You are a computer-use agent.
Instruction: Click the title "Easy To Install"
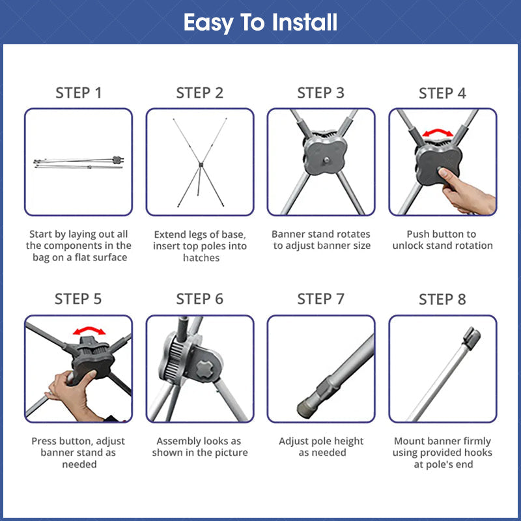pyautogui.click(x=260, y=23)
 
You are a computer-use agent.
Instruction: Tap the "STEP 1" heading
pyautogui.click(x=78, y=93)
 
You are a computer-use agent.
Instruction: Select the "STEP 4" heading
pyautogui.click(x=442, y=93)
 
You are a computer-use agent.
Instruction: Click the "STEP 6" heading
pyautogui.click(x=200, y=299)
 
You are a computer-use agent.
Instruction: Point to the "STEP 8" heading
pyautogui.click(x=442, y=300)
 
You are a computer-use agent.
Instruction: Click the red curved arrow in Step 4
pyautogui.click(x=438, y=132)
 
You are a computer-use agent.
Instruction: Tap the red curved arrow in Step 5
pyautogui.click(x=89, y=329)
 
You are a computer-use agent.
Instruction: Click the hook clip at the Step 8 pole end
pyautogui.click(x=472, y=337)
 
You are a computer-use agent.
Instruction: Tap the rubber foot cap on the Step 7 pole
pyautogui.click(x=305, y=409)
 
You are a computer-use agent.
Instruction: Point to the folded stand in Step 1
pyautogui.click(x=79, y=162)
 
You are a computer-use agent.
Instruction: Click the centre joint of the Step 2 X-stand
pyautogui.click(x=201, y=165)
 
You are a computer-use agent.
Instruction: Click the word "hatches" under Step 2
pyautogui.click(x=201, y=258)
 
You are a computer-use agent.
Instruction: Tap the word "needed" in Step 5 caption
pyautogui.click(x=79, y=464)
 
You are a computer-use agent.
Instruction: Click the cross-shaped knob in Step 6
pyautogui.click(x=204, y=369)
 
